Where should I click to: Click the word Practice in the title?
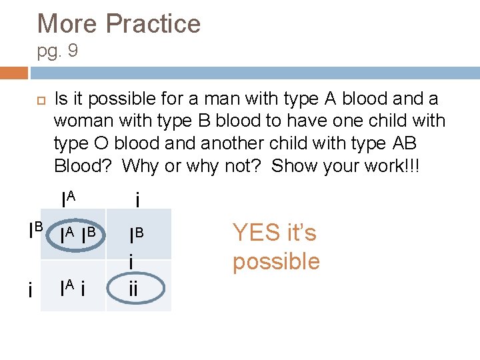pos(153,24)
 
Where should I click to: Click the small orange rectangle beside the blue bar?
pos(14,73)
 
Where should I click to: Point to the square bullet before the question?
pos(41,100)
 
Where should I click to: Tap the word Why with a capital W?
pos(141,165)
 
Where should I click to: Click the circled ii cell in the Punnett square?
pos(136,289)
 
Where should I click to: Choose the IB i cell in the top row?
pos(136,245)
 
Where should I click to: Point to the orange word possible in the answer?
pos(276,261)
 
